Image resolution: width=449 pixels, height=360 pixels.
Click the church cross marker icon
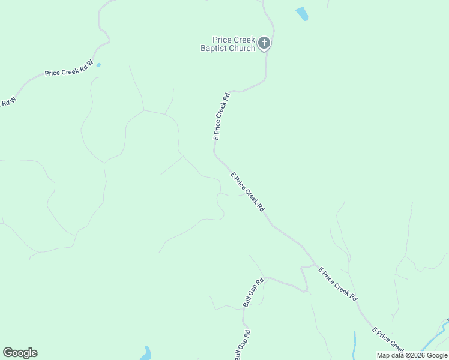(264, 43)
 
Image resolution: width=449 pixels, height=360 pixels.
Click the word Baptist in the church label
(214, 48)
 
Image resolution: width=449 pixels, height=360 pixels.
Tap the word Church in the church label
(242, 48)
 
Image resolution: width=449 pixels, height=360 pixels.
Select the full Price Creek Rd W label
(69, 68)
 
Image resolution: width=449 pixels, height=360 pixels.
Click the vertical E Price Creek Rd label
(221, 116)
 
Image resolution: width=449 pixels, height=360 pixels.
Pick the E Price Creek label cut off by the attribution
(387, 340)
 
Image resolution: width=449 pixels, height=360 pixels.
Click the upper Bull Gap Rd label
(253, 293)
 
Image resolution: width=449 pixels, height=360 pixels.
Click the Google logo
(20, 353)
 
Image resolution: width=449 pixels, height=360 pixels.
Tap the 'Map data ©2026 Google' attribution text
(412, 355)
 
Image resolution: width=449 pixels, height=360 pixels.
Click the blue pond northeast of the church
(301, 14)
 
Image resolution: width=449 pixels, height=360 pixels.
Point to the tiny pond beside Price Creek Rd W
(98, 65)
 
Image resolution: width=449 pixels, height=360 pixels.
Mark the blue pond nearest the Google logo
(146, 353)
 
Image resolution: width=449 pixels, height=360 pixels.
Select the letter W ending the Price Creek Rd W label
(91, 62)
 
